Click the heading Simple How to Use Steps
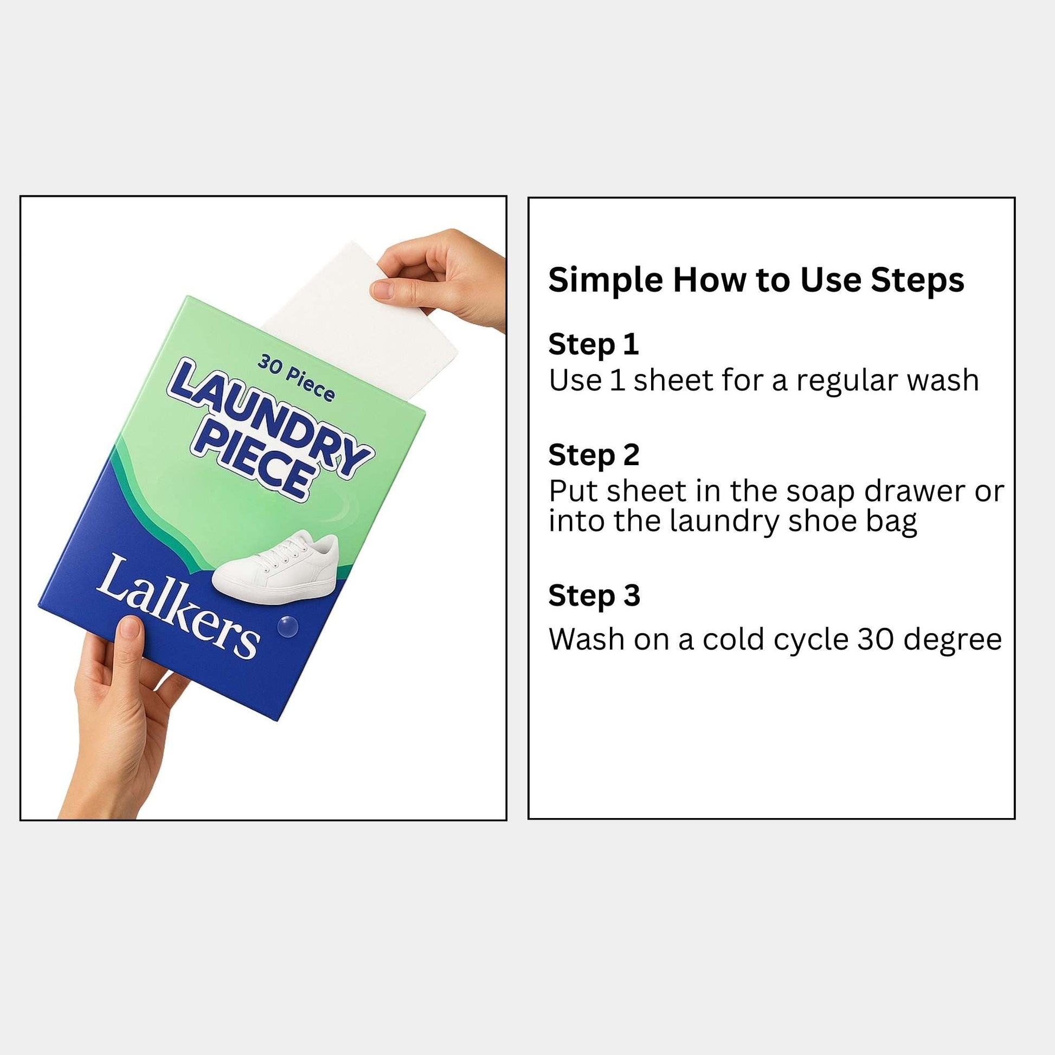pyautogui.click(x=756, y=281)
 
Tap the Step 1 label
pyautogui.click(x=594, y=345)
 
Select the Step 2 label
pyautogui.click(x=594, y=455)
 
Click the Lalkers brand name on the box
pyautogui.click(x=177, y=607)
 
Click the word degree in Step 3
pyautogui.click(x=953, y=640)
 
